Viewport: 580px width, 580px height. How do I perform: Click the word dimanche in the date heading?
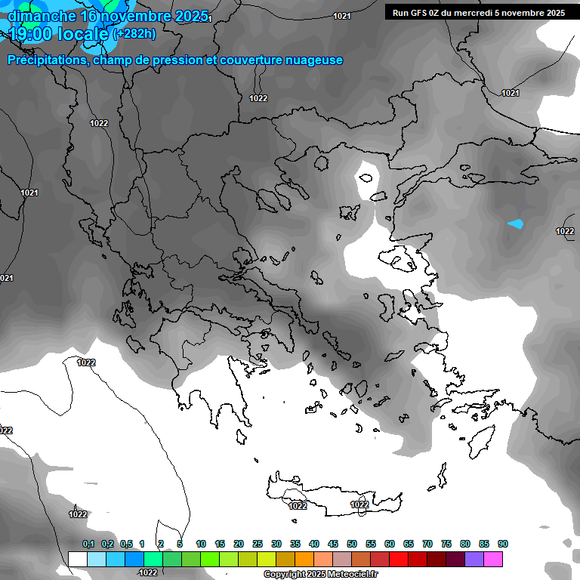(x=41, y=15)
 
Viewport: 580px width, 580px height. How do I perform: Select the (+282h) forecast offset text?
(x=134, y=33)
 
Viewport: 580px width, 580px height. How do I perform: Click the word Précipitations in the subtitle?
(x=48, y=60)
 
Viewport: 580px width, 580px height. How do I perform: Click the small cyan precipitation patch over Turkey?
(x=516, y=224)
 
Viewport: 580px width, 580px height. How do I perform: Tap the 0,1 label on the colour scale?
(x=88, y=545)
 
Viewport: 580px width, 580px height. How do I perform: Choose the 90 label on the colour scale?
(x=503, y=545)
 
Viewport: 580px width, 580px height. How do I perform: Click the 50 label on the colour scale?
(x=352, y=545)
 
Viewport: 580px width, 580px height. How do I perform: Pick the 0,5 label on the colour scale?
(x=126, y=545)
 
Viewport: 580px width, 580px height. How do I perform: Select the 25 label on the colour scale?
(x=258, y=545)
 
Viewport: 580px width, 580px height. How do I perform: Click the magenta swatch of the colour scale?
(x=493, y=559)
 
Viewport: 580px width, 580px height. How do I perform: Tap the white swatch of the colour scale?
(x=78, y=559)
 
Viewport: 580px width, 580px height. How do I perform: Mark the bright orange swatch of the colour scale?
(x=304, y=559)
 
